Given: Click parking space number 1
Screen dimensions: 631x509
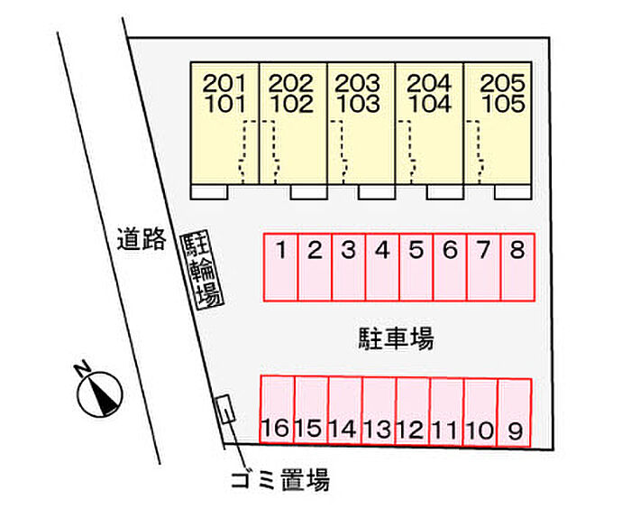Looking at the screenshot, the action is (x=280, y=267).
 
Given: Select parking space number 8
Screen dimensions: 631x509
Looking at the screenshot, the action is (x=517, y=267).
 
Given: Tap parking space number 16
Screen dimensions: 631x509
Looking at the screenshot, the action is (x=278, y=411).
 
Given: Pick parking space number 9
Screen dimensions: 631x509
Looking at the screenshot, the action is (x=515, y=411).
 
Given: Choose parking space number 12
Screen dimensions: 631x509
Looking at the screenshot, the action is (x=413, y=411).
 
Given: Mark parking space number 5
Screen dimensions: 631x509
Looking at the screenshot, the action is (x=416, y=267).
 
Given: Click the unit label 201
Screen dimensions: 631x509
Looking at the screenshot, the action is (x=224, y=84).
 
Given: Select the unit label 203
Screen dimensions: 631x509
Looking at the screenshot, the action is (x=358, y=84).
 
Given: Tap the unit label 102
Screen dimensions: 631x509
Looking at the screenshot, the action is (x=292, y=103).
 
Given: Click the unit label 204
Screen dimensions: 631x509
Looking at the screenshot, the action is (x=429, y=84).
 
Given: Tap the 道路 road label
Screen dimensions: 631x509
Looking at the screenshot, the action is (x=142, y=239).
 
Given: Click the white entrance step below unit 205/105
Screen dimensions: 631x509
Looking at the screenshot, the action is (x=512, y=191).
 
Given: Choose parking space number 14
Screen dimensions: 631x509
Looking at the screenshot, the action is (x=345, y=411).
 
